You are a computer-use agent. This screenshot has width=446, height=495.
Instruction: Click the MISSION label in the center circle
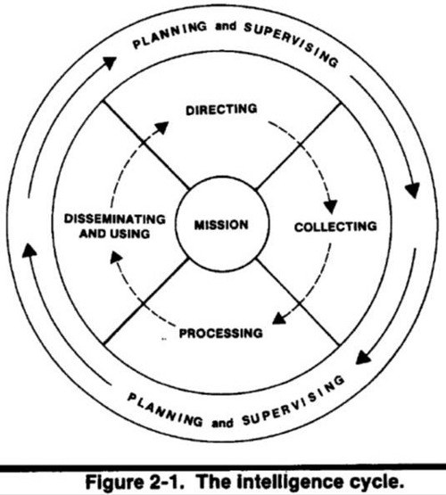pyautogui.click(x=221, y=225)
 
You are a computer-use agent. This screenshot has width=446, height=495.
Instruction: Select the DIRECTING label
pyautogui.click(x=221, y=110)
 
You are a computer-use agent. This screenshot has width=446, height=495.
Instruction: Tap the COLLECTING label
pyautogui.click(x=335, y=227)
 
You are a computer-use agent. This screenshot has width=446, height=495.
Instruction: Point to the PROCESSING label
pyautogui.click(x=221, y=334)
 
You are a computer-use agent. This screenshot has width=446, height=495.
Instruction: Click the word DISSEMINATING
pyautogui.click(x=115, y=219)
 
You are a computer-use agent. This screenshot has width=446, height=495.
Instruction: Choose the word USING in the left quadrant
pyautogui.click(x=130, y=234)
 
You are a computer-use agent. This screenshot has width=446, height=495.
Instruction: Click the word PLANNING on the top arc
pyautogui.click(x=169, y=35)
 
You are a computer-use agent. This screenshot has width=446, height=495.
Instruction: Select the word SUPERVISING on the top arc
pyautogui.click(x=291, y=44)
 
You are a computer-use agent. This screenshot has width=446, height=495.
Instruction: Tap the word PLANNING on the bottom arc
pyautogui.click(x=165, y=410)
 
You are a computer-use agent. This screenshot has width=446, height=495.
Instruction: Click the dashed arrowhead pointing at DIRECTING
pyautogui.click(x=161, y=128)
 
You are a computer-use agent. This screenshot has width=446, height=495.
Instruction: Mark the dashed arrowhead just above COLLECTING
pyautogui.click(x=330, y=207)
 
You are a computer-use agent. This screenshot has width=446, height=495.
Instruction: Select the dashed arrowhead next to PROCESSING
pyautogui.click(x=279, y=318)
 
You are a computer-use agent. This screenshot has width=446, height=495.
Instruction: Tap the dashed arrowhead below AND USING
pyautogui.click(x=116, y=257)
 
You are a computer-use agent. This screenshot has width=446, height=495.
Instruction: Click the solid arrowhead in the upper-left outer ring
pyautogui.click(x=109, y=62)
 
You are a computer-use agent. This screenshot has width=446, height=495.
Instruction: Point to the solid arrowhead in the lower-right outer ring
pyautogui.click(x=363, y=359)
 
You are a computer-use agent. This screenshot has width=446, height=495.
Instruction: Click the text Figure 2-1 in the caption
pyautogui.click(x=135, y=482)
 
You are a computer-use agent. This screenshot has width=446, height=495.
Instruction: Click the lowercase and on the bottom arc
pyautogui.click(x=223, y=423)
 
